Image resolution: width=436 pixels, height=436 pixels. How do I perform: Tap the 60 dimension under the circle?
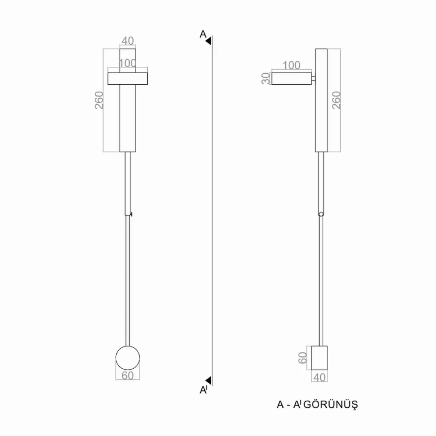128,376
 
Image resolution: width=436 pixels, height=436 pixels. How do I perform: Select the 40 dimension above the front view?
128,41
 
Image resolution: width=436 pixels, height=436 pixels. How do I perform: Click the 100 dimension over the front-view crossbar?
128,63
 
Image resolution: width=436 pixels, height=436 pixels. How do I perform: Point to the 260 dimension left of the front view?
99,100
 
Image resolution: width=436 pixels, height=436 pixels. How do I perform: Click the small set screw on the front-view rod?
131,214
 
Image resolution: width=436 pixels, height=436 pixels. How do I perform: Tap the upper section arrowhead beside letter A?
208,41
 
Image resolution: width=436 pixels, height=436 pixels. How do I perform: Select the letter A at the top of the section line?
203,34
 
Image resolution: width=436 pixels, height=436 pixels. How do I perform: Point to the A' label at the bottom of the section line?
204,390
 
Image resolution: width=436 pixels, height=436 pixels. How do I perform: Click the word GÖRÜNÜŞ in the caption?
330,404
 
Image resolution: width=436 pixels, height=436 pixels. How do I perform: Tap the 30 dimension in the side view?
266,78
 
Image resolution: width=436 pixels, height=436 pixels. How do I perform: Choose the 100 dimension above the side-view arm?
291,65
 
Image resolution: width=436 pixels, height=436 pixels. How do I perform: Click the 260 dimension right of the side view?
336,100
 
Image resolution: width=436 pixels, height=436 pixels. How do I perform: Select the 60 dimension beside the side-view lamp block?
303,358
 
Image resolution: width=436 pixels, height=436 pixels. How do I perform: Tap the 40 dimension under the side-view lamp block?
319,377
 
